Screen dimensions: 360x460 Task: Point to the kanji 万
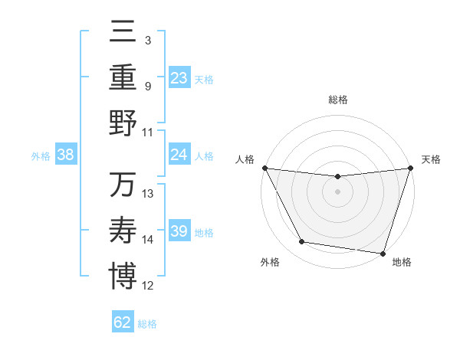click(123, 185)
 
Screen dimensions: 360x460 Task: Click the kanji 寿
click(123, 230)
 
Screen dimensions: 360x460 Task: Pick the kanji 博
click(123, 276)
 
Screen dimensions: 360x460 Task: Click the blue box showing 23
click(179, 78)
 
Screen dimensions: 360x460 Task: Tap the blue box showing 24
click(179, 155)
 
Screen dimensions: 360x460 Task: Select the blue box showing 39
click(179, 231)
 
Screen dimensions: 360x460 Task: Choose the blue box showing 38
click(66, 155)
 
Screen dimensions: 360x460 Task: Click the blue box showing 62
click(123, 322)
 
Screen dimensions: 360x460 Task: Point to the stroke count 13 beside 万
click(148, 194)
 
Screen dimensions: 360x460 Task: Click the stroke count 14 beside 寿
click(148, 240)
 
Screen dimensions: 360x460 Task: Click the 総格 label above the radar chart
click(338, 100)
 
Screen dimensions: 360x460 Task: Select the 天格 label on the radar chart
click(432, 159)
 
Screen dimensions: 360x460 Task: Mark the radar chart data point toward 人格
click(265, 168)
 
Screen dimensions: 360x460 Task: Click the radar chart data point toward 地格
click(383, 253)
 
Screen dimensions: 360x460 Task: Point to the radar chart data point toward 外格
click(302, 242)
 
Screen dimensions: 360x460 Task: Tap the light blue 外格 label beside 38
click(41, 155)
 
